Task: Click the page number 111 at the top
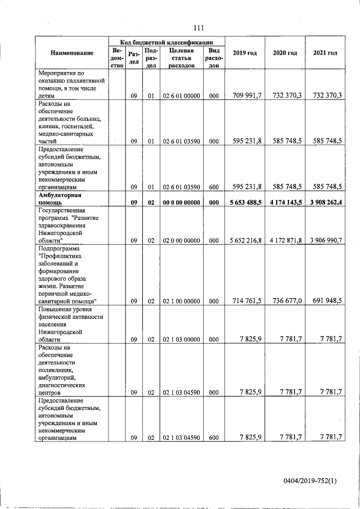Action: point(197,29)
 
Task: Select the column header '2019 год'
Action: point(245,53)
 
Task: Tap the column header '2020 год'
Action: point(285,53)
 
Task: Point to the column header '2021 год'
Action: point(325,53)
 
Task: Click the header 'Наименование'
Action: point(72,53)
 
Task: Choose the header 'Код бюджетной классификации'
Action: point(167,42)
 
